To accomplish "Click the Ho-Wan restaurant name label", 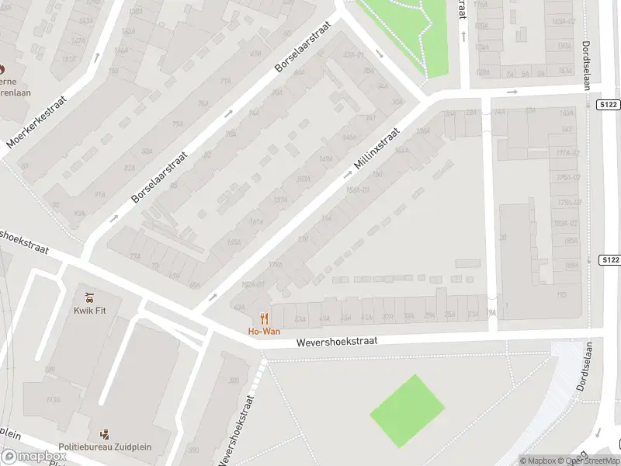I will tap(264, 332).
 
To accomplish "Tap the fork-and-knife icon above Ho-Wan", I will tap(264, 318).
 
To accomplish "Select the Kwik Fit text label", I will tap(90, 311).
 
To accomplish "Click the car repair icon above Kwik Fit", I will tap(90, 297).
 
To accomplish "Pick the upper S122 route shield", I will tap(609, 104).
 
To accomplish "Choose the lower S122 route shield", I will tap(610, 259).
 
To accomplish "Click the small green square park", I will tap(407, 411).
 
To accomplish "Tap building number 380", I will tap(233, 381).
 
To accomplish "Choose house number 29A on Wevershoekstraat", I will tap(429, 315).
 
